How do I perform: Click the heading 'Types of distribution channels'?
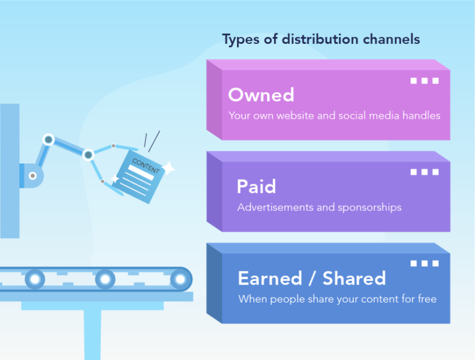click(x=320, y=40)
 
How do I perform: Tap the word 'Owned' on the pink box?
click(x=260, y=95)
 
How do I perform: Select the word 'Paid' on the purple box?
click(x=256, y=186)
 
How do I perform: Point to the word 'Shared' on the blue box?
click(x=354, y=278)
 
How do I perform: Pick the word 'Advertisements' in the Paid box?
click(x=275, y=207)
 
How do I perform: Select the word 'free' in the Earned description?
click(x=425, y=299)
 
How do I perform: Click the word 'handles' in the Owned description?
click(x=421, y=116)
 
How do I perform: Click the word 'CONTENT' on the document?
click(x=145, y=166)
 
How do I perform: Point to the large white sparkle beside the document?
click(x=168, y=168)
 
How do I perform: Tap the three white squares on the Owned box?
click(x=424, y=80)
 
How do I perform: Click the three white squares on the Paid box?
click(x=424, y=172)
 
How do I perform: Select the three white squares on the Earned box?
click(x=424, y=264)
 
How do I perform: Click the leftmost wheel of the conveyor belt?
click(x=35, y=280)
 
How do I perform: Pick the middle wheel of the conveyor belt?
click(x=105, y=280)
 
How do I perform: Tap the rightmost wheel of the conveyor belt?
click(x=179, y=280)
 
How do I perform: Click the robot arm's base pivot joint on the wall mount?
click(x=32, y=176)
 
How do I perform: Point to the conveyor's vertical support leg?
click(x=92, y=334)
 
